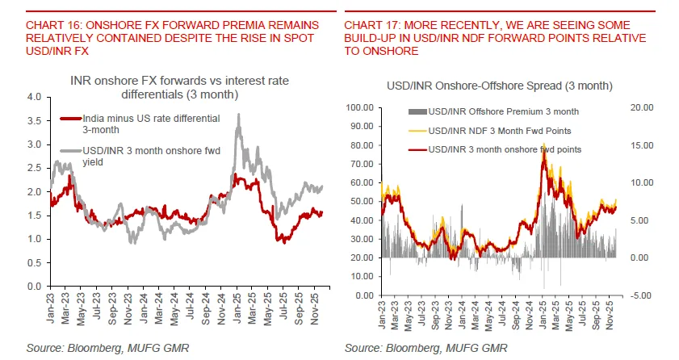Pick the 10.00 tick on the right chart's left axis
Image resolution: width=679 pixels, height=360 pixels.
point(360,276)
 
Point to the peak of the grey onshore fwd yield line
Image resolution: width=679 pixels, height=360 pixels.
point(238,115)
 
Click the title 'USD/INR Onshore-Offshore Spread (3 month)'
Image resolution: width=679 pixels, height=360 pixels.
point(500,86)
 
